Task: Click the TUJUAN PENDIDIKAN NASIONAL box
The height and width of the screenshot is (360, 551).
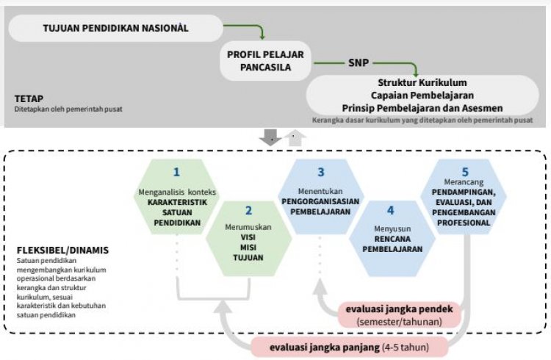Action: pyautogui.click(x=116, y=28)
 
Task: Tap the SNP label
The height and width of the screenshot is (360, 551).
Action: pyautogui.click(x=358, y=63)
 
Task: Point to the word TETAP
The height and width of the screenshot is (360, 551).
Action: pyautogui.click(x=29, y=98)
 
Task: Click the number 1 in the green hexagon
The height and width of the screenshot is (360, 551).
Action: pyautogui.click(x=176, y=173)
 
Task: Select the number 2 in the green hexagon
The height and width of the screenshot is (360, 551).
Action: pyautogui.click(x=248, y=211)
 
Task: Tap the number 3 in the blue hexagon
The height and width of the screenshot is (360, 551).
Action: pyautogui.click(x=321, y=173)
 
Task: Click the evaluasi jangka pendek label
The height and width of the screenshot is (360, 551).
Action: pyautogui.click(x=401, y=309)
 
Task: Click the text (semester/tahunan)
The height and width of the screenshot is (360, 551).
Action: pyautogui.click(x=401, y=322)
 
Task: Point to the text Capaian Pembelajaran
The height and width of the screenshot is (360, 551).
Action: pyautogui.click(x=422, y=96)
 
